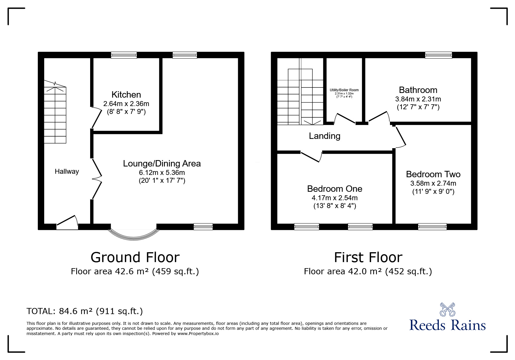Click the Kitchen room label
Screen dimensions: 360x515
(126, 95)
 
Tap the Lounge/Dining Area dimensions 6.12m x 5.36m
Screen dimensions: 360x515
(162, 173)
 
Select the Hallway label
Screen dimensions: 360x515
(67, 171)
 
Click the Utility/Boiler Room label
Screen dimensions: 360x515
(344, 90)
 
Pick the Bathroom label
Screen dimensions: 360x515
(418, 90)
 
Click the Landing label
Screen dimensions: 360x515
(325, 136)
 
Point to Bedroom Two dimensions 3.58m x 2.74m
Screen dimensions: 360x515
(433, 183)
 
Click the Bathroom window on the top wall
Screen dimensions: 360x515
(438, 55)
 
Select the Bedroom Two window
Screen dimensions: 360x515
(432, 227)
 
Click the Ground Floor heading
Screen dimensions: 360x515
(135, 257)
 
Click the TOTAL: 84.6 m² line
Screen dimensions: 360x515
(85, 311)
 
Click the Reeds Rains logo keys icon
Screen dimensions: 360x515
(447, 309)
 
